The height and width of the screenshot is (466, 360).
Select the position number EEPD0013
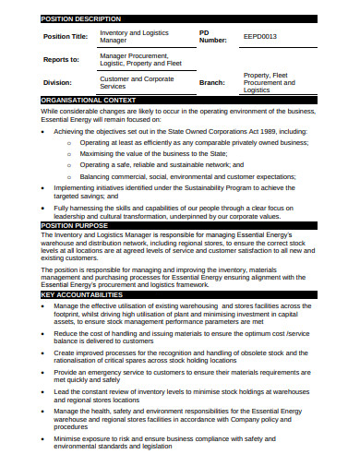coord(259,37)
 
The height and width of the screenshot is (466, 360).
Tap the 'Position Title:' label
coord(66,37)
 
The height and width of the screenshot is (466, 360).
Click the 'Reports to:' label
coord(62,59)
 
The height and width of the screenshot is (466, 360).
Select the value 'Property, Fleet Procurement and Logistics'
coord(269,82)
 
